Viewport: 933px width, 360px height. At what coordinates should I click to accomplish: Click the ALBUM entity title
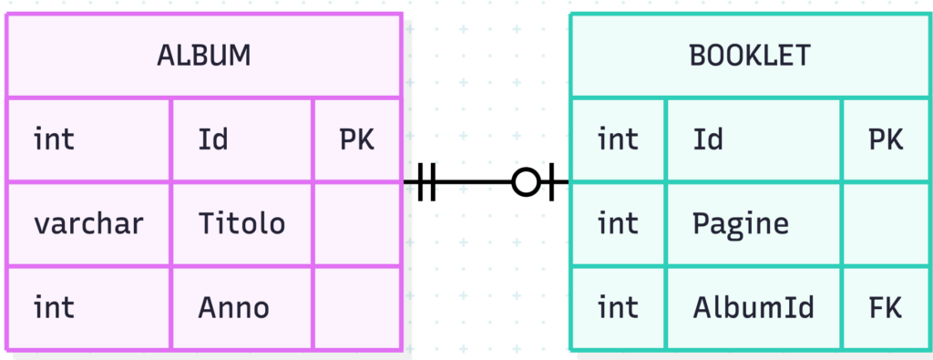(203, 56)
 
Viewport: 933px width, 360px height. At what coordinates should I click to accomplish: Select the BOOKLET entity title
(750, 56)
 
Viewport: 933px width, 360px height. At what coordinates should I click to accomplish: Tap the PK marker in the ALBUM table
(357, 139)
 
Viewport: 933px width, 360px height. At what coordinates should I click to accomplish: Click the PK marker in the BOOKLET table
(886, 139)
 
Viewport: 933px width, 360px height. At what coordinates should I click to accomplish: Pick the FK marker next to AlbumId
(886, 308)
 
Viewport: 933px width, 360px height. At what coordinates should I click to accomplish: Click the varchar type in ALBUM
(88, 223)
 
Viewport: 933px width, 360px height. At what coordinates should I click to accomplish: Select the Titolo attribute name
(241, 223)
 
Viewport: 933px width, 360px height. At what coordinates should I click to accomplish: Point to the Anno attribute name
(234, 308)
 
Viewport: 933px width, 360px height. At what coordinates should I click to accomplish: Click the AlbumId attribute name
(754, 308)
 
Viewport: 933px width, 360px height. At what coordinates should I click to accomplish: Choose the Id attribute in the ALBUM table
(213, 139)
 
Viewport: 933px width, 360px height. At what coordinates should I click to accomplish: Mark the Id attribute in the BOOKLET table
(708, 139)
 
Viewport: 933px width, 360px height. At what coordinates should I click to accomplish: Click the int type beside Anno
(54, 308)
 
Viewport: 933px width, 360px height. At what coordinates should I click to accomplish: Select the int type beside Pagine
(618, 223)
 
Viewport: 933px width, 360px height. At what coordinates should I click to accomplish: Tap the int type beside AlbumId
(618, 308)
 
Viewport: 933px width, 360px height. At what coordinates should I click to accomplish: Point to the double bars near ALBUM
(426, 181)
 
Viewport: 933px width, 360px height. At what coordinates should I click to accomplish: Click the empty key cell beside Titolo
(357, 223)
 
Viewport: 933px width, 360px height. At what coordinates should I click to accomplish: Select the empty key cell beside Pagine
(886, 223)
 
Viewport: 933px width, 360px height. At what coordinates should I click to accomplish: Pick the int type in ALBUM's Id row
(54, 139)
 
